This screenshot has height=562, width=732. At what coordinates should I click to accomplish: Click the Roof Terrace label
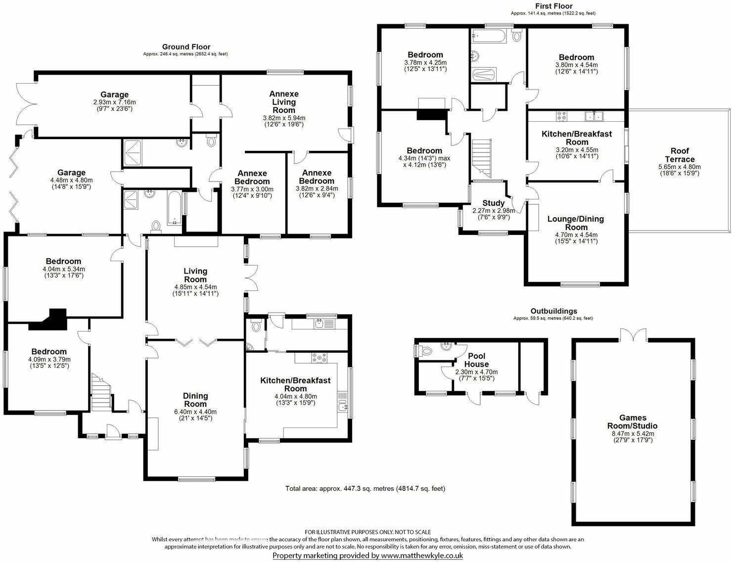680,155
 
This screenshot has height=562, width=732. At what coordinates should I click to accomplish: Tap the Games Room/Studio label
633,421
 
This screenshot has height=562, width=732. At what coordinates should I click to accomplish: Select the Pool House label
476,360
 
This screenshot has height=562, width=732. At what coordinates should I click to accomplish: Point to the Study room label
493,203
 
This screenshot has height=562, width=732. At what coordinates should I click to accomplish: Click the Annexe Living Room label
284,101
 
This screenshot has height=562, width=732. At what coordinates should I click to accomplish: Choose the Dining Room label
195,400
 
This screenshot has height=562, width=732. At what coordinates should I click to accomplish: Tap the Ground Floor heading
186,47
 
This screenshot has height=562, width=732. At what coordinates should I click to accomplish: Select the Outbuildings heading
553,311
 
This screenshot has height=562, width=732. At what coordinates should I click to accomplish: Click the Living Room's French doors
252,278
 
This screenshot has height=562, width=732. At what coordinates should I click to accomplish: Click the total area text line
365,489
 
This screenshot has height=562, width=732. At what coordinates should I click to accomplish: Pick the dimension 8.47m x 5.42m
633,433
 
